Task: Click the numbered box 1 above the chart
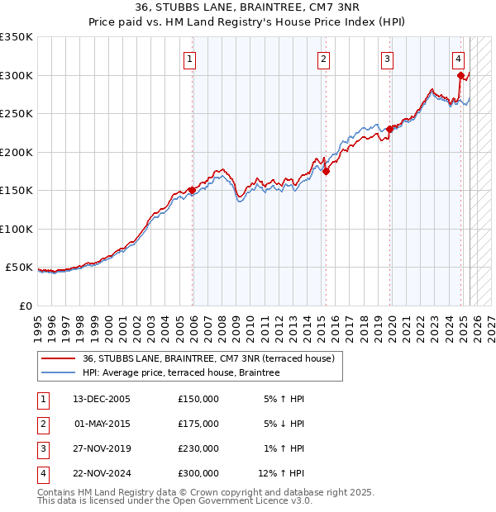[190, 59]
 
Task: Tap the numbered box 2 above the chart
[322, 59]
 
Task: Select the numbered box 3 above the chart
[387, 59]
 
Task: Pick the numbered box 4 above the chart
[458, 59]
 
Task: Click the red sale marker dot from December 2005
[192, 190]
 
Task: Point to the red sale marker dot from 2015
[326, 171]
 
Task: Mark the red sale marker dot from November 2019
[389, 129]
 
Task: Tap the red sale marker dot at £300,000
[460, 75]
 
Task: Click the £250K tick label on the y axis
[17, 113]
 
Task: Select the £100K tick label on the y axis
[17, 229]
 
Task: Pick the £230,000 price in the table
[198, 448]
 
